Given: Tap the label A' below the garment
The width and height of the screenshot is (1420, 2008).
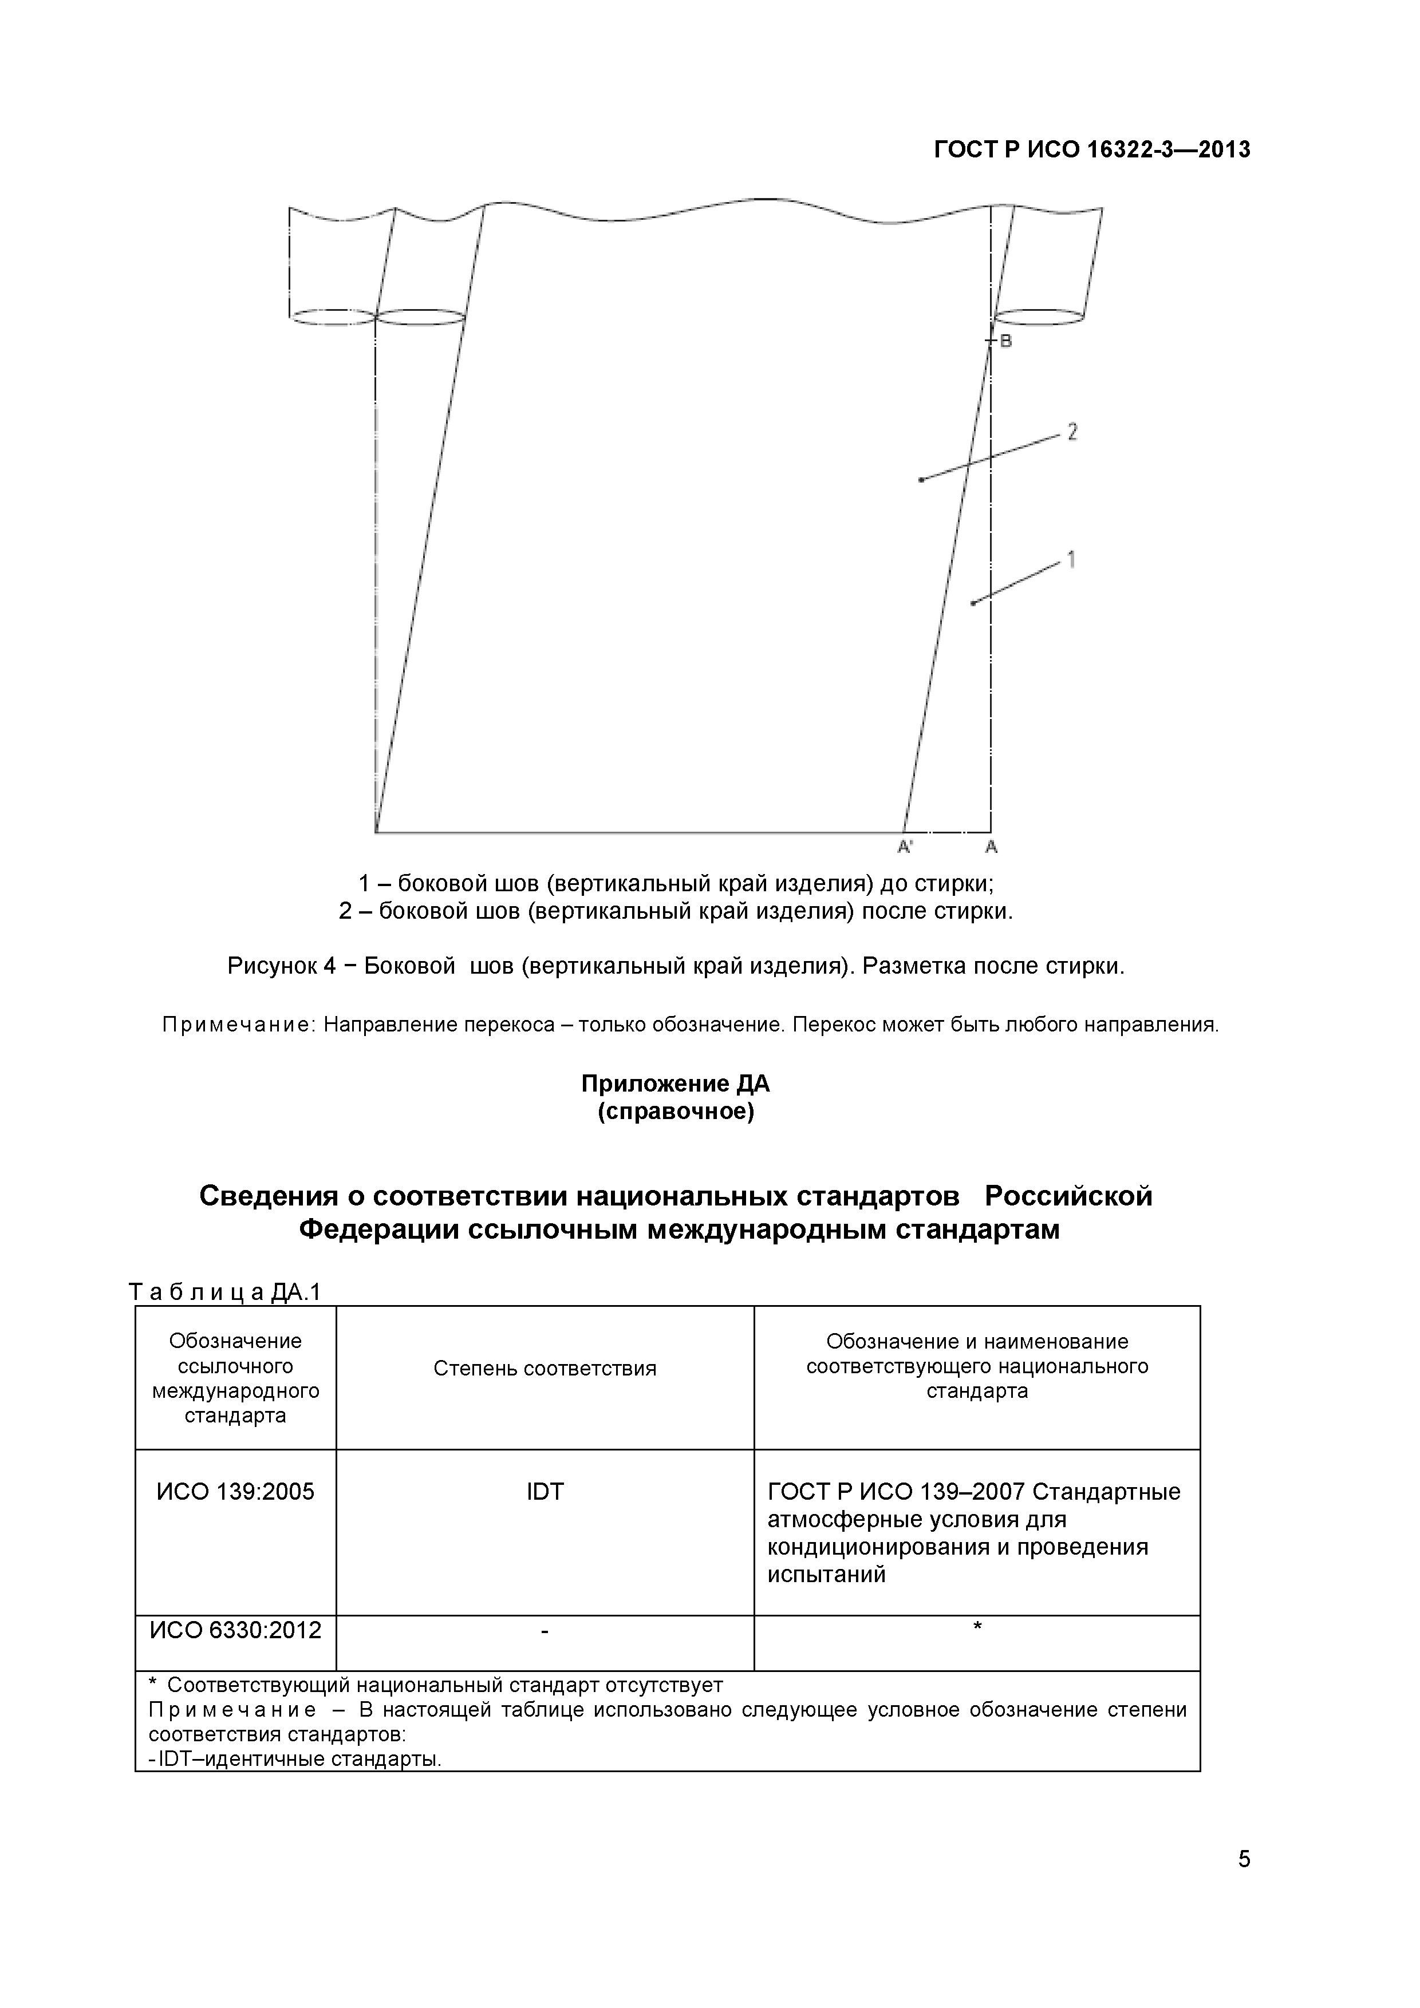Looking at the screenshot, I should pyautogui.click(x=906, y=847).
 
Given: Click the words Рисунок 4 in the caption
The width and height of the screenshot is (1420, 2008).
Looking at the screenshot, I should pyautogui.click(x=281, y=966).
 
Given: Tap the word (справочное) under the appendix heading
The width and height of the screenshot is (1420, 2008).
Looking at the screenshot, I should pyautogui.click(x=676, y=1112).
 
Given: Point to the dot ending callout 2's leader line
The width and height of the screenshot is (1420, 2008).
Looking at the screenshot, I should pyautogui.click(x=921, y=479).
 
